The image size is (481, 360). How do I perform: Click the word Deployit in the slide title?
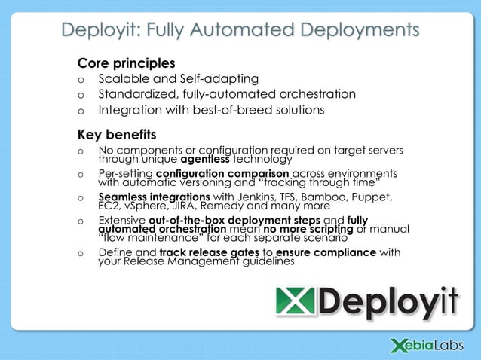tap(97, 30)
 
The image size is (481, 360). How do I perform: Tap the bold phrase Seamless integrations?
tap(155, 197)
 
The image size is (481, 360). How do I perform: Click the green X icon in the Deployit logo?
tap(292, 303)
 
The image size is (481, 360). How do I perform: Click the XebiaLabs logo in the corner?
tap(428, 345)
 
